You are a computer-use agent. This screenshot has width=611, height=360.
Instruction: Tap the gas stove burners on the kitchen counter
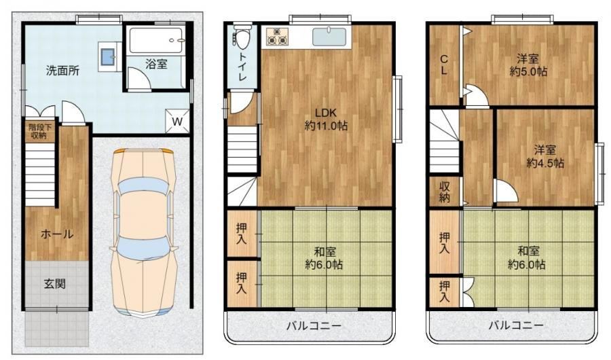coord(277,36)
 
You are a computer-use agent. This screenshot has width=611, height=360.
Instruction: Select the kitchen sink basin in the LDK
coord(329,36)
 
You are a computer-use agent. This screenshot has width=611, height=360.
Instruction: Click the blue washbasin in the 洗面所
coord(107,57)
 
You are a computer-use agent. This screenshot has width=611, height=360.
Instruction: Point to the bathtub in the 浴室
coord(156,40)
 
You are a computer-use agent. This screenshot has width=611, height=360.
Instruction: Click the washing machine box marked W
coord(177,121)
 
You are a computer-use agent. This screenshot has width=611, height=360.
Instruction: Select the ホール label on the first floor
coord(57,234)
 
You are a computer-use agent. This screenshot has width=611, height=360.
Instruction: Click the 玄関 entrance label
coord(54,283)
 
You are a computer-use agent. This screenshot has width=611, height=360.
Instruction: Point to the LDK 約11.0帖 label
coord(326,120)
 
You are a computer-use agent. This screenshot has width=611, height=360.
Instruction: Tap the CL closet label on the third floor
coord(444,65)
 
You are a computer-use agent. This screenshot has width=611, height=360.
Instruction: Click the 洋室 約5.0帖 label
coord(528,65)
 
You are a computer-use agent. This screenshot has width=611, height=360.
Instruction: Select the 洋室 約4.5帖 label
coord(544,156)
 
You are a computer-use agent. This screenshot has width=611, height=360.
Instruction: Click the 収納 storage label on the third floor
coord(445,192)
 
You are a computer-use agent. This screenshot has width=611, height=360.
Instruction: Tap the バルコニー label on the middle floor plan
coord(314,325)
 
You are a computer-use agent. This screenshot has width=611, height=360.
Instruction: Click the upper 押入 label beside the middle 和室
coord(241,234)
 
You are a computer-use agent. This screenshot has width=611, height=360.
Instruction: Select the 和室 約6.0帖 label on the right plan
coord(528,258)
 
